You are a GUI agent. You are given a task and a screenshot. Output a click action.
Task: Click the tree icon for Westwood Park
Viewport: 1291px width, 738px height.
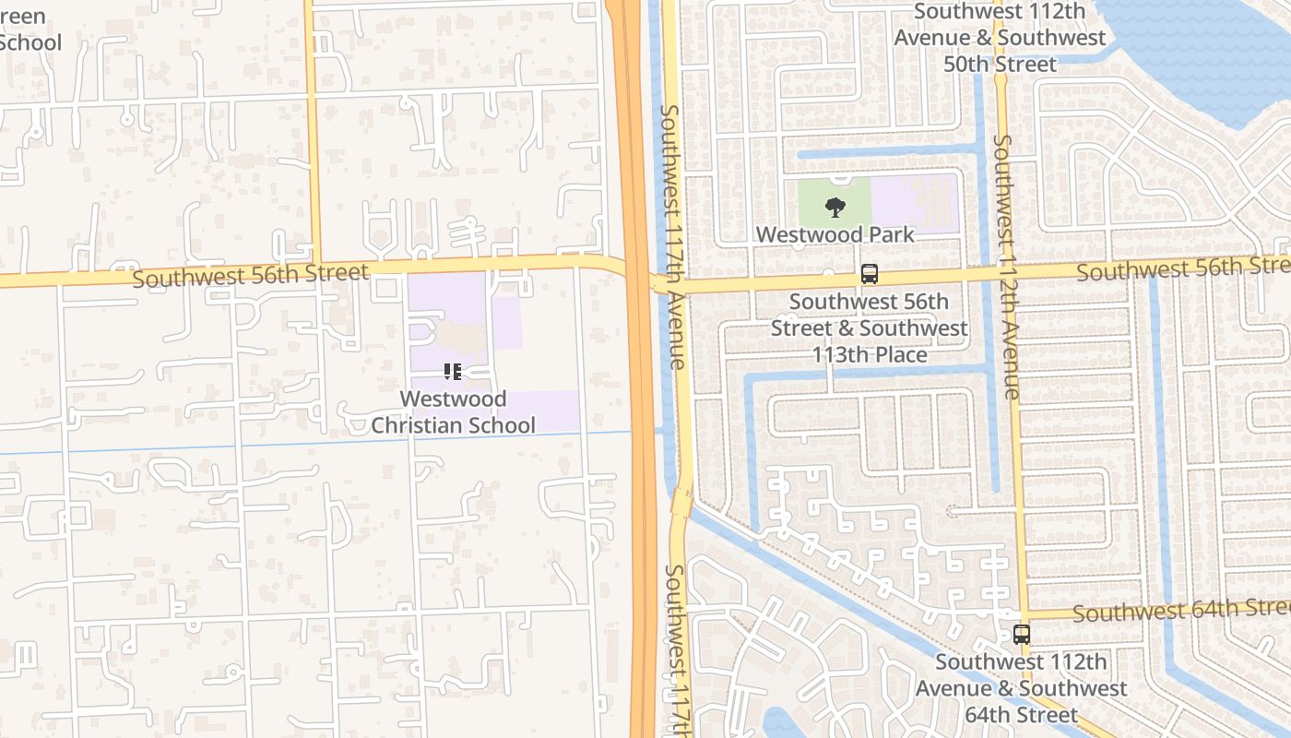pos(835,207)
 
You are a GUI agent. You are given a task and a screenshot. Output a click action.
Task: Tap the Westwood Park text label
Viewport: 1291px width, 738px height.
pos(835,234)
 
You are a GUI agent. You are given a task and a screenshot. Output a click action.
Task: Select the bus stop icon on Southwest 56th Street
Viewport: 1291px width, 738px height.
pos(870,274)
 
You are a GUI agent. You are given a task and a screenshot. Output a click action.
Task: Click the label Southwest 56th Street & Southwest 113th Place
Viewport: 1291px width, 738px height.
pos(869,327)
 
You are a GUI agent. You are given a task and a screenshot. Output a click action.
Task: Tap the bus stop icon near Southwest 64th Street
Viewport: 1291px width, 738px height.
pos(1022,635)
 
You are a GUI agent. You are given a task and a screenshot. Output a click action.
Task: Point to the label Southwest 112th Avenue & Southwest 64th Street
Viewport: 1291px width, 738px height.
pos(1021,688)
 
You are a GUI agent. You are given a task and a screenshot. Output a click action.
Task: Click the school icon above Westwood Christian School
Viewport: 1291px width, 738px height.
pos(452,372)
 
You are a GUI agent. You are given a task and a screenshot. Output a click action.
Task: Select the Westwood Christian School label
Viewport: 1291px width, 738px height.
pos(453,412)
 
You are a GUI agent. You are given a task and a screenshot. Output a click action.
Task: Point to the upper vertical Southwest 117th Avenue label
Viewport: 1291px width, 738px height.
pos(672,236)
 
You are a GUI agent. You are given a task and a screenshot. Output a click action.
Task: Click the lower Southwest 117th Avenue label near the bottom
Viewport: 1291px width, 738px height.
pos(676,650)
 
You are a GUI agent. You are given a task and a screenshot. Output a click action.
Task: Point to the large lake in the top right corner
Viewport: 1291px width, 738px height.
pos(1208,46)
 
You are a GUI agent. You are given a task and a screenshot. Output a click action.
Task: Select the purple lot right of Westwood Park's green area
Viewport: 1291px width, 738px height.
pos(915,203)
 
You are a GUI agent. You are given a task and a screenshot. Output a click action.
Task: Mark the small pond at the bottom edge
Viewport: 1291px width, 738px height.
pos(779,723)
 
